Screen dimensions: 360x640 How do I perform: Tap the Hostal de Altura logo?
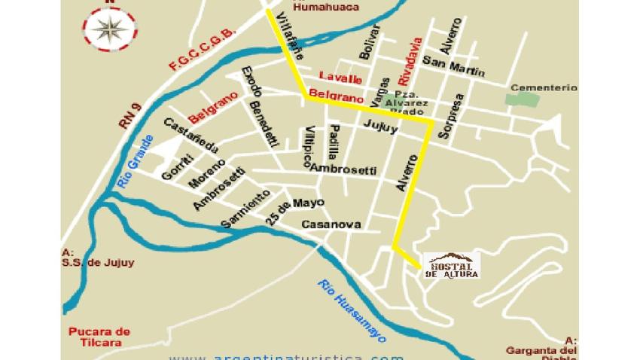coord(453,265)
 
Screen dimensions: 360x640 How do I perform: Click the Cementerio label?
coord(544,87)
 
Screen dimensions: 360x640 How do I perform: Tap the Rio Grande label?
coord(136,162)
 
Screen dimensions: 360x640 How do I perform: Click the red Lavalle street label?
coord(340,78)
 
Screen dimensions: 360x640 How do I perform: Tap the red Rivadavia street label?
coord(407,60)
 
